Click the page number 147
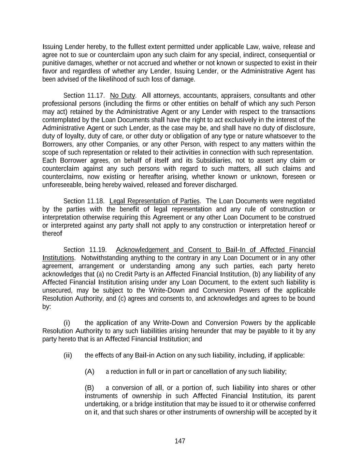tap(180, 441)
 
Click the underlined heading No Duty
tap(123, 95)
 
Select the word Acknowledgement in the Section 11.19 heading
tap(143, 250)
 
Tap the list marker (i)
tap(67, 323)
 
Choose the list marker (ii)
tap(68, 355)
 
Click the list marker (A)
tap(89, 371)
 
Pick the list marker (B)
tap(89, 387)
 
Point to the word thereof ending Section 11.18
tap(52, 234)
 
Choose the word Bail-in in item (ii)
tap(145, 355)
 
